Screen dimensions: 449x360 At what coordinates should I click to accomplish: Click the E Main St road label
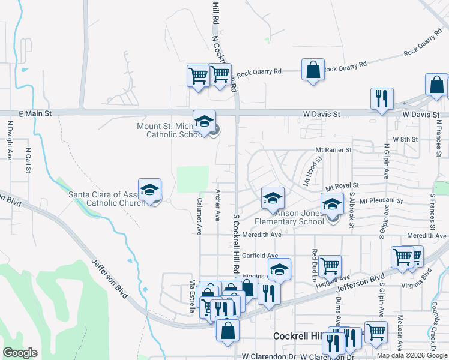point(36,113)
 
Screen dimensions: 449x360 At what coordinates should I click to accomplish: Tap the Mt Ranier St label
point(333,149)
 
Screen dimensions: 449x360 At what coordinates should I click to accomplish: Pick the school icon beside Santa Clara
point(149,190)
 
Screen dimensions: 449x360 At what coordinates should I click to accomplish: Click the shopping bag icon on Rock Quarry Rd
point(313,70)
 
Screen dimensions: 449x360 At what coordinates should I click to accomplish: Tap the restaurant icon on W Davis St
point(381,99)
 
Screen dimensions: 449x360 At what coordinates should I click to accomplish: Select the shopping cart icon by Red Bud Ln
point(330,265)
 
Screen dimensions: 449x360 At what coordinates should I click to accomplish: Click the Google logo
point(20,352)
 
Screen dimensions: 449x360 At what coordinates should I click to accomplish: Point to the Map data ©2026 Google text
point(411,355)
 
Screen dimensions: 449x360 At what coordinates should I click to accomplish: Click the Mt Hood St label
point(313,170)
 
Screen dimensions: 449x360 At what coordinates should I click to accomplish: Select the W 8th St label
point(405,139)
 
